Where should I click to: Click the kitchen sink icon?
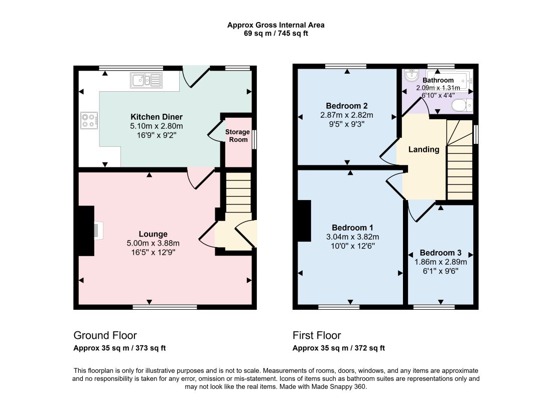pos(146,80)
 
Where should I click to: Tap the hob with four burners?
pos(89,120)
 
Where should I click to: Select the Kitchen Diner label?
pos(157,117)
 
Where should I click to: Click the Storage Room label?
pos(238,136)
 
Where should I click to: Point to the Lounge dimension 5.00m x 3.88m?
pos(153,243)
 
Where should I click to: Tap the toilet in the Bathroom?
pos(462,105)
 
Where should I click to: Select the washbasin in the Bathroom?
pos(411,75)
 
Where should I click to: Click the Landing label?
pos(424,149)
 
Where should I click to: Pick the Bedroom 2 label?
pos(347,106)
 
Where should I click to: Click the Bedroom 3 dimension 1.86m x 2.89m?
pos(441,262)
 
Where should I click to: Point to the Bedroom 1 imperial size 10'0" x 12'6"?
pos(353,246)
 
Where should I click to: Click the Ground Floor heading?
pos(105,335)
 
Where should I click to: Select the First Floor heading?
pos(317,335)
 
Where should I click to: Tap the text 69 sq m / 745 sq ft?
pos(276,34)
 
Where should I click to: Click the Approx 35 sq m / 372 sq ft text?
pos(339,348)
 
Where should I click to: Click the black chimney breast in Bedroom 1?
pos(304,221)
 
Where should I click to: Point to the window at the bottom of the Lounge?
pos(165,307)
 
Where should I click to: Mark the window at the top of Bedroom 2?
pos(346,66)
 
